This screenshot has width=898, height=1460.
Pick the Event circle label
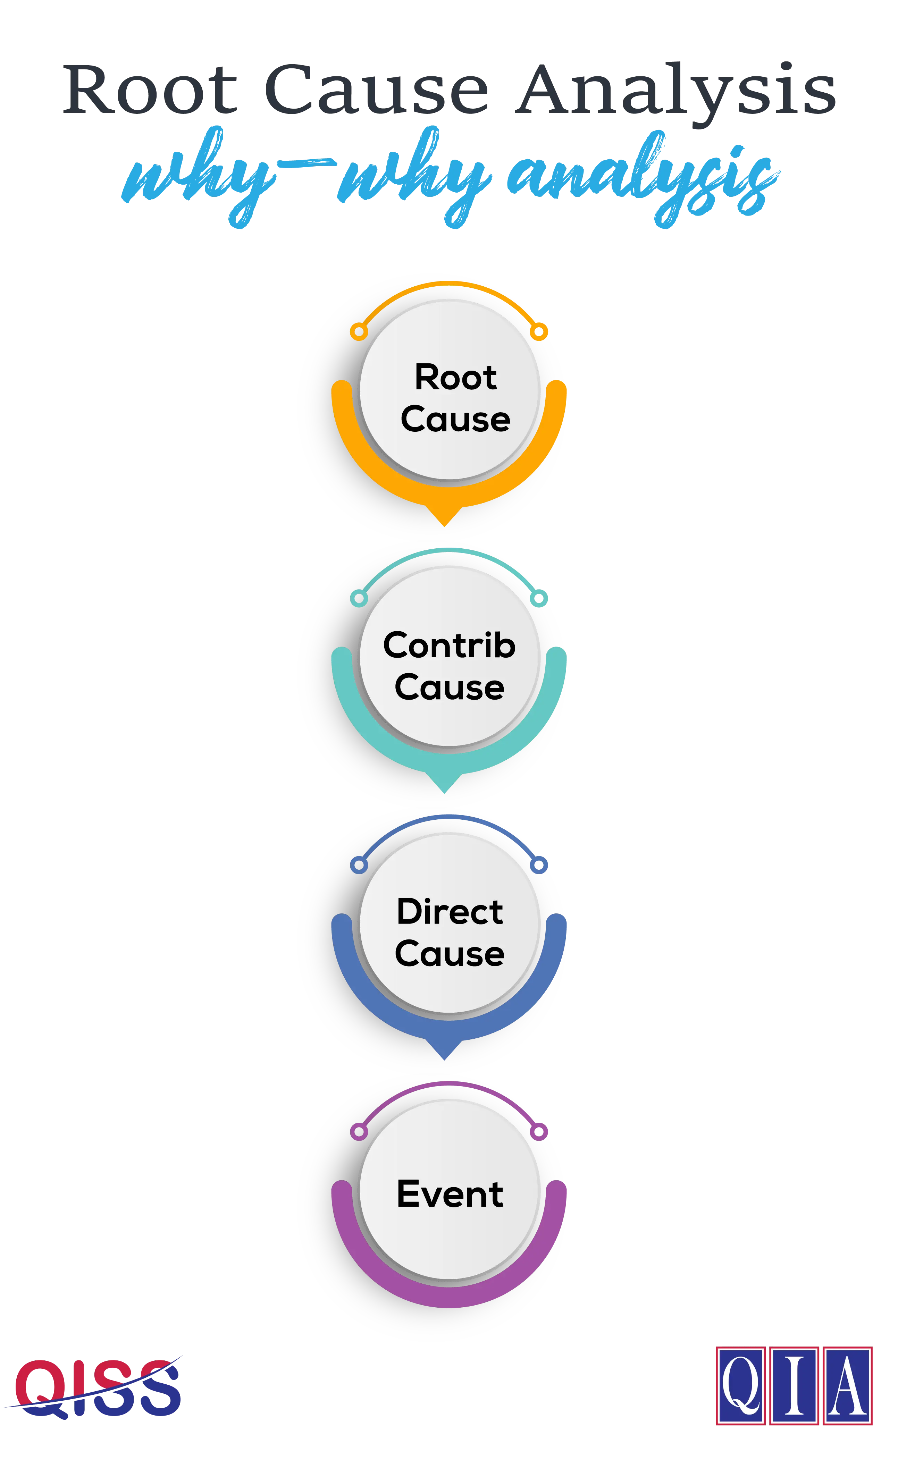click(x=450, y=1194)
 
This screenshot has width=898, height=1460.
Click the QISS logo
click(x=93, y=1388)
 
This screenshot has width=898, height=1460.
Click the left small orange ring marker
click(x=359, y=331)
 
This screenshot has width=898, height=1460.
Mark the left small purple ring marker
click(x=359, y=1132)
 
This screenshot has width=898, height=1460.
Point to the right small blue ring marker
click(x=539, y=865)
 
